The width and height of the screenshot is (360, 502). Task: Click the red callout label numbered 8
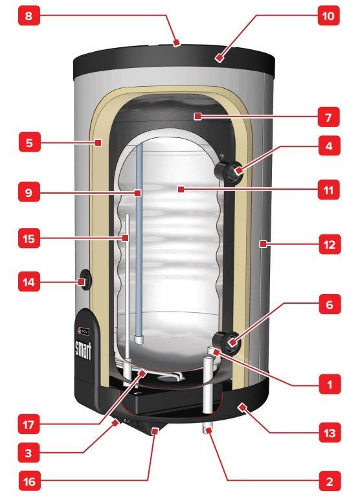click(28, 15)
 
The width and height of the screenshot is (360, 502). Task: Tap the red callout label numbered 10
click(329, 15)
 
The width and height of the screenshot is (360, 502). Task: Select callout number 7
click(329, 117)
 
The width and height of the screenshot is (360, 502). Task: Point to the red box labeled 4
click(330, 146)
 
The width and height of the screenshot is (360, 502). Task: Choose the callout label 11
click(329, 190)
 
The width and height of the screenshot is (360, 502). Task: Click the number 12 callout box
click(330, 244)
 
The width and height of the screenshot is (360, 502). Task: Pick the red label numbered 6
click(330, 304)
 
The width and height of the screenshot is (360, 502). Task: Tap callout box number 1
click(330, 384)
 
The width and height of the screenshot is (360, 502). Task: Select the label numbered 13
click(330, 433)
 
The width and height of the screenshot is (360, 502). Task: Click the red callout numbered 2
click(330, 481)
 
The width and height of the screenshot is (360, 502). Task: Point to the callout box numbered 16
click(29, 481)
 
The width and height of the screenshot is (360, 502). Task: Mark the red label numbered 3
click(28, 453)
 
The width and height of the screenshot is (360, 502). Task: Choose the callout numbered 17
click(28, 424)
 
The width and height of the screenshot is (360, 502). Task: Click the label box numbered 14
click(28, 282)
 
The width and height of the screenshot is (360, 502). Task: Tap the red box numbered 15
click(28, 238)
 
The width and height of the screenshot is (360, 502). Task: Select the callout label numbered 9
click(28, 192)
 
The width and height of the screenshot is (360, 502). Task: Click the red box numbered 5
click(29, 142)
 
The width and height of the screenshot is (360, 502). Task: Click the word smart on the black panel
click(83, 350)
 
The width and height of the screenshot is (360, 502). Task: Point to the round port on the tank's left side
click(85, 279)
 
